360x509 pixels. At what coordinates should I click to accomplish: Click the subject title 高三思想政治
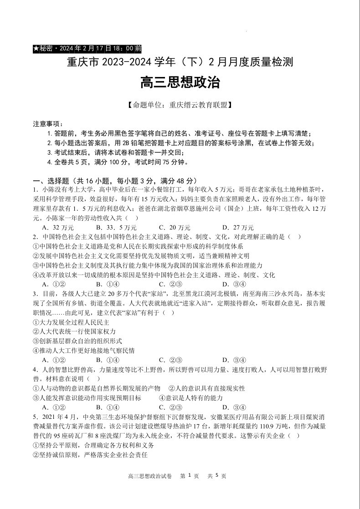pyautogui.click(x=180, y=83)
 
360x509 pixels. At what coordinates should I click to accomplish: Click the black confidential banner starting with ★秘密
pyautogui.click(x=87, y=48)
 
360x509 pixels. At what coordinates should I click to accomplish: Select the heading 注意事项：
pyautogui.click(x=48, y=124)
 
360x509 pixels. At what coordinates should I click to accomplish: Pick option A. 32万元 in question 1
pyautogui.click(x=57, y=227)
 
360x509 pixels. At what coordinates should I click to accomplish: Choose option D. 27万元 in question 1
pyautogui.click(x=238, y=227)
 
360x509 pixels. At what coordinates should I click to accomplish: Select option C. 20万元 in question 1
pyautogui.click(x=175, y=227)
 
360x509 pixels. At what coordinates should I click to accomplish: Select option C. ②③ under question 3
pyautogui.click(x=170, y=360)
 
